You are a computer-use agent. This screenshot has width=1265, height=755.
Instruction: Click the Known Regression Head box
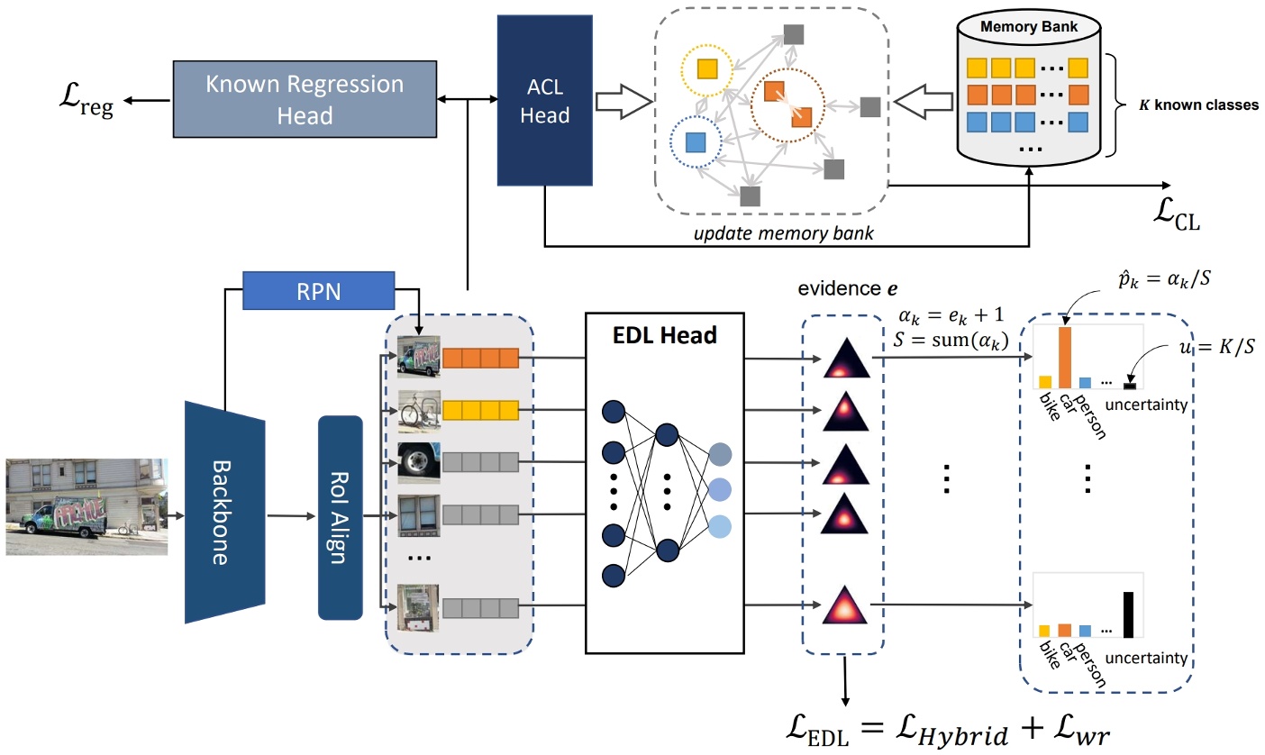tap(305, 99)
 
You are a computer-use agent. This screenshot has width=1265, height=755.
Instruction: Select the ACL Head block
tap(545, 101)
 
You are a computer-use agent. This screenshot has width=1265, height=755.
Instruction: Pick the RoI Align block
tap(340, 517)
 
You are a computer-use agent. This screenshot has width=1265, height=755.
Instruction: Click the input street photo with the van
tap(86, 505)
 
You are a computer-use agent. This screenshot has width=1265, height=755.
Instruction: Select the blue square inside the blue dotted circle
tap(695, 141)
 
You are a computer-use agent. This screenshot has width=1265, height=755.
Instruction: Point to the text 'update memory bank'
tap(772, 234)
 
